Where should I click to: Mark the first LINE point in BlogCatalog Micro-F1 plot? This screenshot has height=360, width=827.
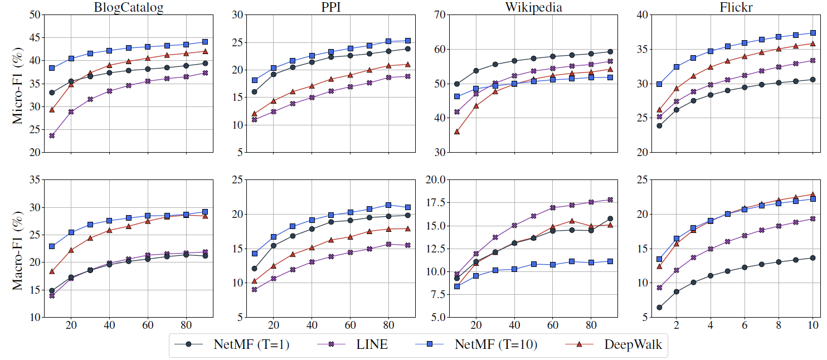coord(52,135)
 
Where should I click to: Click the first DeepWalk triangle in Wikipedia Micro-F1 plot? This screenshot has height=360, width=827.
coord(457,132)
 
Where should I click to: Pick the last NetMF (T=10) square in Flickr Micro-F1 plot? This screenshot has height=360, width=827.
coord(813,33)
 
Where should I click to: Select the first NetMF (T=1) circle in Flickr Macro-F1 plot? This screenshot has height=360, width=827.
coord(659,307)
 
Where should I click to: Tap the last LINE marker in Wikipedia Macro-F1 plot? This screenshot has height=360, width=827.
coord(610,200)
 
